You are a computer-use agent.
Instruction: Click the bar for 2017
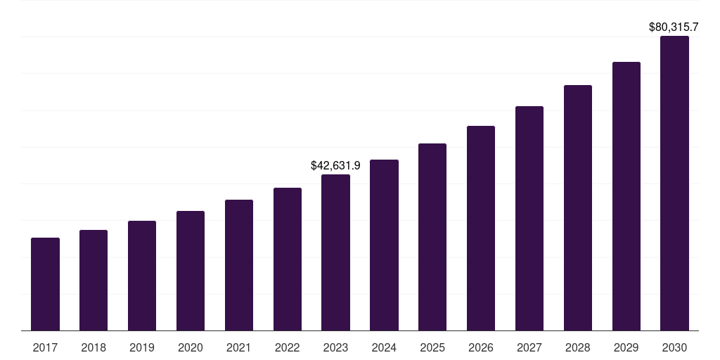(45, 284)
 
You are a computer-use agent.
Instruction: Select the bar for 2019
(142, 276)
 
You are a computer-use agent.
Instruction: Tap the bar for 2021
(239, 265)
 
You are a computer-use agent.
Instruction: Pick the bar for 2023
(335, 252)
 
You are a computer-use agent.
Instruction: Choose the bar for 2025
(432, 237)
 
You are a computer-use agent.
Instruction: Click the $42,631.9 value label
(335, 166)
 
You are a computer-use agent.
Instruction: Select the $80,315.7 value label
(673, 27)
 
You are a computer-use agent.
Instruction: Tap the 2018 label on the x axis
(94, 347)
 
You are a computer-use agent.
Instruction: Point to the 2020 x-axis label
(191, 347)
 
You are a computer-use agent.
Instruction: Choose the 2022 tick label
(287, 347)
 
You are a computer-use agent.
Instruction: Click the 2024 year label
(384, 347)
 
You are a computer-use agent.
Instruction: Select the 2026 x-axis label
(481, 347)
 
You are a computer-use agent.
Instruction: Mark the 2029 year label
(626, 347)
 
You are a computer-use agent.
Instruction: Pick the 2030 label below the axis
(674, 347)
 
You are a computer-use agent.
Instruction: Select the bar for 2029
(626, 196)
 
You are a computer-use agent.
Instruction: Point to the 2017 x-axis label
(45, 347)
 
